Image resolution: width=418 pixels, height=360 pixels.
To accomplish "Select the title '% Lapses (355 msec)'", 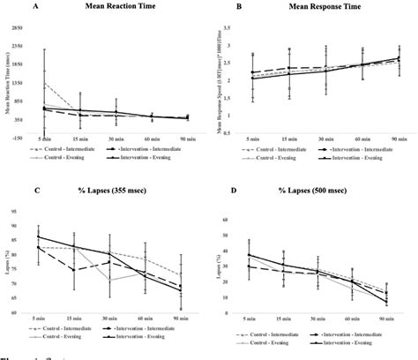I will point(116,189).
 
